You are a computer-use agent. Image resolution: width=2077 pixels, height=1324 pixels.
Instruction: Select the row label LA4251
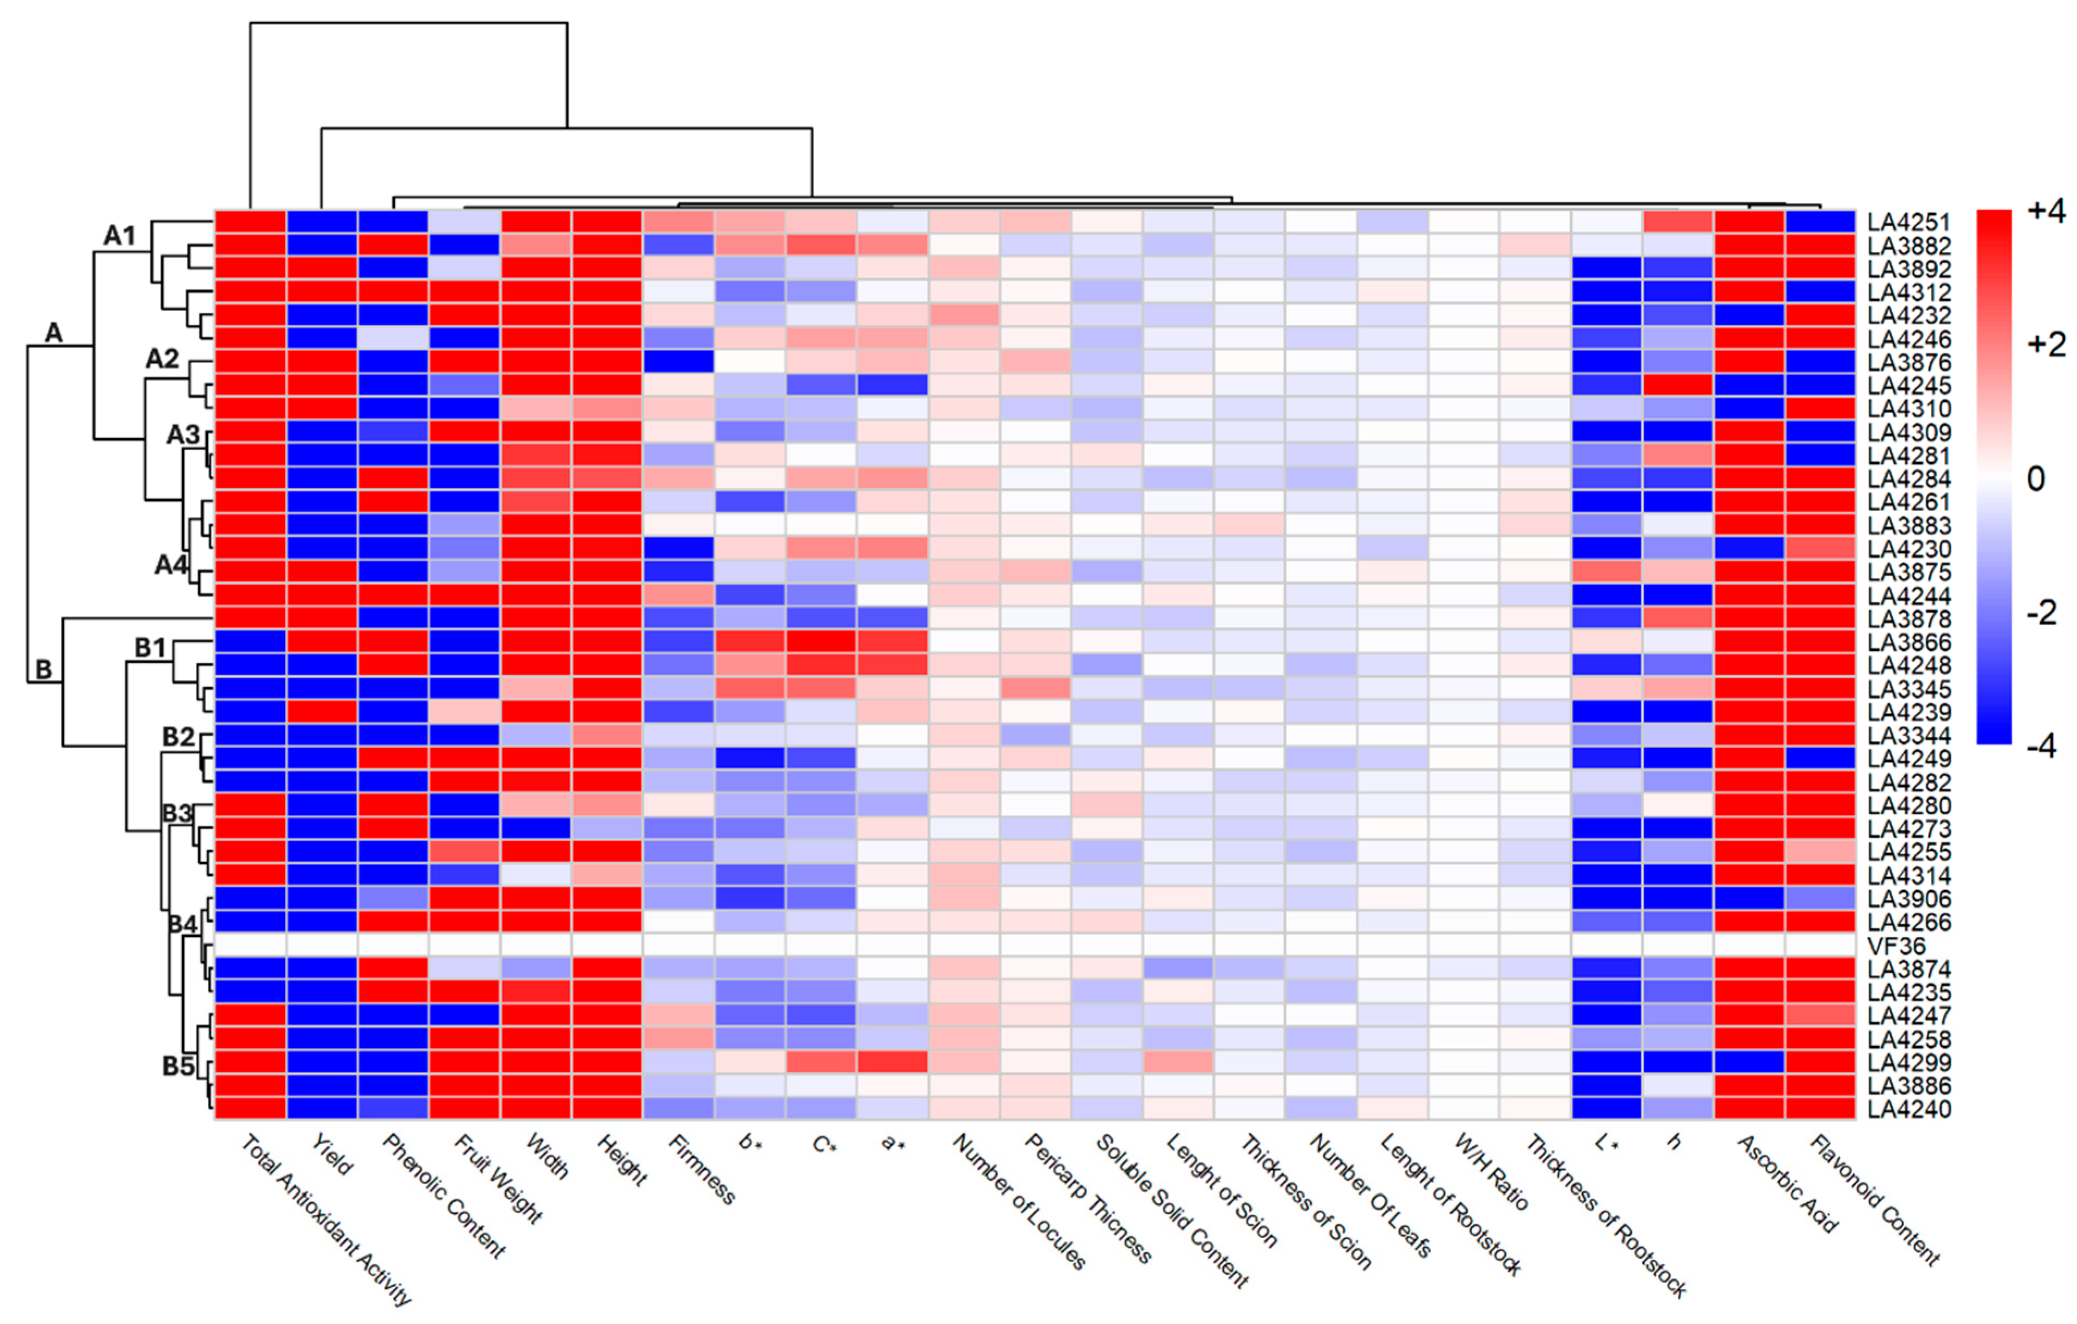click(x=1909, y=222)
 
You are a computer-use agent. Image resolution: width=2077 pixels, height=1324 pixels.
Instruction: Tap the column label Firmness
click(x=701, y=1168)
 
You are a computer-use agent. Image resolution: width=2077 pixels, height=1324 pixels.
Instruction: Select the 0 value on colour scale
click(x=2036, y=478)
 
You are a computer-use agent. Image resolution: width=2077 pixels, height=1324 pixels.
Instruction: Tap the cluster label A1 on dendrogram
click(x=120, y=234)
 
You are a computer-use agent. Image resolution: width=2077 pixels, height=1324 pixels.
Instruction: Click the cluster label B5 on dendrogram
click(x=178, y=1066)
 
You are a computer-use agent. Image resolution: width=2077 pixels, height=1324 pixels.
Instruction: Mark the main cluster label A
click(x=53, y=332)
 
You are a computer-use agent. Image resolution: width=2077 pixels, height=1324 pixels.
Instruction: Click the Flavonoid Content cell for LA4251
click(x=1820, y=222)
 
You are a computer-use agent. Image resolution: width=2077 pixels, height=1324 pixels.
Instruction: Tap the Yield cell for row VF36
click(x=322, y=946)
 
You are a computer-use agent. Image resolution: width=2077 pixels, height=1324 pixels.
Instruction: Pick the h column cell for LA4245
click(x=1678, y=384)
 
